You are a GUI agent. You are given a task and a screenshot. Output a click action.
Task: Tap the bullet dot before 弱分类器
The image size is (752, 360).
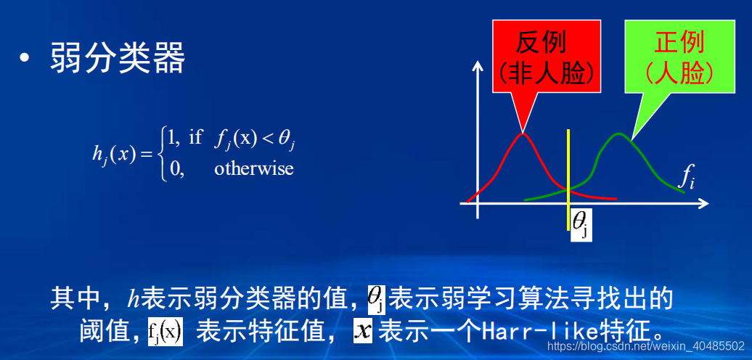[26, 60]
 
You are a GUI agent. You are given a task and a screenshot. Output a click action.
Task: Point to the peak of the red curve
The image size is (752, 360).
[523, 133]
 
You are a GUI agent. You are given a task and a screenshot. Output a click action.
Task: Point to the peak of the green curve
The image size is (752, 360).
[618, 134]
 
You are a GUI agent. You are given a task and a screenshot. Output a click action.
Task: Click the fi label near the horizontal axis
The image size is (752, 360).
[686, 176]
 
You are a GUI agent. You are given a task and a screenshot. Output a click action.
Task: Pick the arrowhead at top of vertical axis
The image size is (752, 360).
[478, 66]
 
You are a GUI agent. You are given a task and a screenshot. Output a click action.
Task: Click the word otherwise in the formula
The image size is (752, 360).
[254, 168]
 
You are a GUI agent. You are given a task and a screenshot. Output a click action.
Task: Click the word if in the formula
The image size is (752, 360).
[195, 137]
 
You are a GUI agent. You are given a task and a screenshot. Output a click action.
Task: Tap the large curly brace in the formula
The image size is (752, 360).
[162, 153]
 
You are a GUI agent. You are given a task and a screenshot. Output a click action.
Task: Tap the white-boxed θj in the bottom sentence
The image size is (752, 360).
[377, 298]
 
